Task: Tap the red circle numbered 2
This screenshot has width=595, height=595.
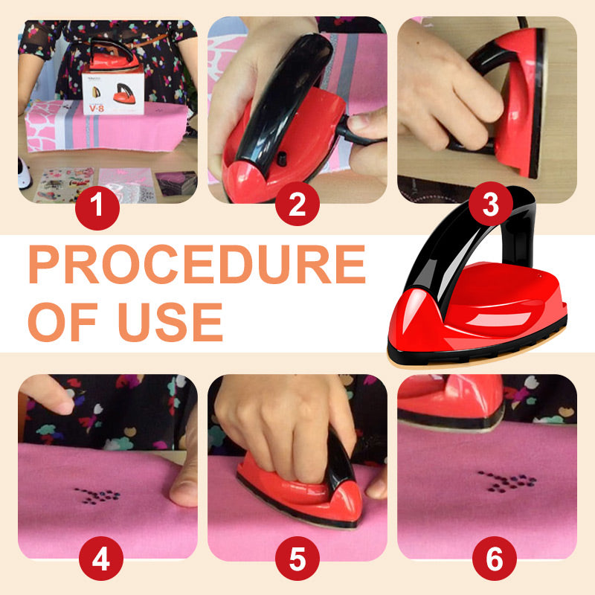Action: pos(297,203)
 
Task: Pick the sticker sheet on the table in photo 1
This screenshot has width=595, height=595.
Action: pos(63,184)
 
